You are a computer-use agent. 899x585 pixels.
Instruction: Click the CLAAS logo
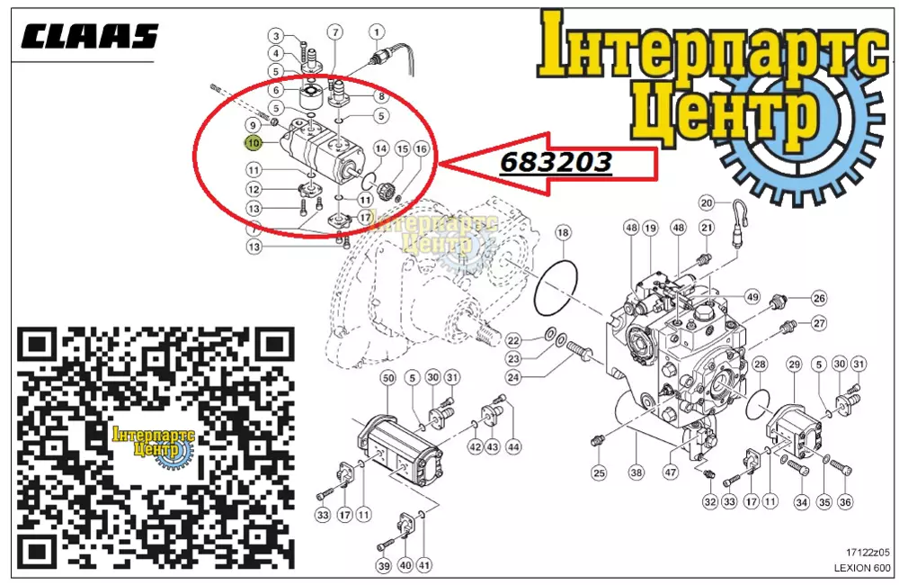(x=89, y=37)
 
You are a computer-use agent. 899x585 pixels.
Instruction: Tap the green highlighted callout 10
(x=253, y=142)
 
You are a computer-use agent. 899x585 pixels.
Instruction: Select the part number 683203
(x=556, y=163)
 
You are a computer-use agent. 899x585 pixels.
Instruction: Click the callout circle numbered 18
(x=563, y=232)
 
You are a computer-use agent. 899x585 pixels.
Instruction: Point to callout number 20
(x=707, y=202)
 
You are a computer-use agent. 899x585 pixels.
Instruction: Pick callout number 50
(x=388, y=378)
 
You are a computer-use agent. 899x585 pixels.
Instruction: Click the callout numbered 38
(x=636, y=472)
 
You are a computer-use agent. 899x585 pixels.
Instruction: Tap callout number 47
(x=671, y=472)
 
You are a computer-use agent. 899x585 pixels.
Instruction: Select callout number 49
(x=752, y=297)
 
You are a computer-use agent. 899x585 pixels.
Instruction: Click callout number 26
(x=819, y=298)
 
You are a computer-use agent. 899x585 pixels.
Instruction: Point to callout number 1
(x=377, y=31)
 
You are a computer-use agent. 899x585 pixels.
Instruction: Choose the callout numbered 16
(x=422, y=149)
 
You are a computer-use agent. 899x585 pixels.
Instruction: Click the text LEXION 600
(x=862, y=569)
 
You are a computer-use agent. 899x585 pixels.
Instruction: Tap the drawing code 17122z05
(x=868, y=553)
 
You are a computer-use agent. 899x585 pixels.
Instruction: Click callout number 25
(x=599, y=473)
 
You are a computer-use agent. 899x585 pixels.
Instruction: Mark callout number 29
(x=794, y=364)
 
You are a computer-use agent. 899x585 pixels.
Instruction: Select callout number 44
(x=513, y=446)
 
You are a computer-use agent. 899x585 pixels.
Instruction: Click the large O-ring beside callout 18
(x=556, y=288)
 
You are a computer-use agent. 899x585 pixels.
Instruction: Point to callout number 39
(x=384, y=565)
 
